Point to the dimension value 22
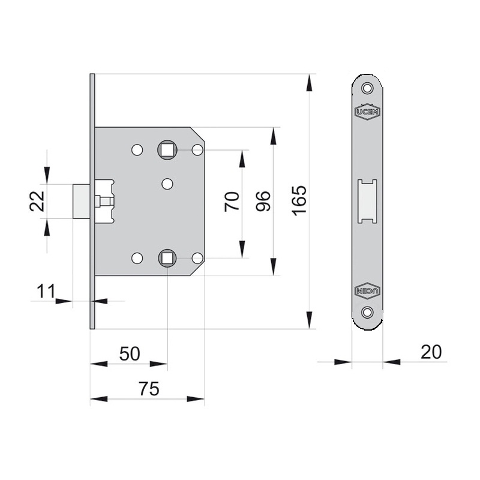37,201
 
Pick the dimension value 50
129,353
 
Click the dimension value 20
431,352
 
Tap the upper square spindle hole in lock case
167,149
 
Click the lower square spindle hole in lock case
167,258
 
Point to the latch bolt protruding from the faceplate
81,201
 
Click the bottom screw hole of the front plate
367,312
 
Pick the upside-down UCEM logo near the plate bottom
367,290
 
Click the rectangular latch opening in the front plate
367,201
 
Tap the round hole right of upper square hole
197,149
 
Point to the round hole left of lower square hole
137,258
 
